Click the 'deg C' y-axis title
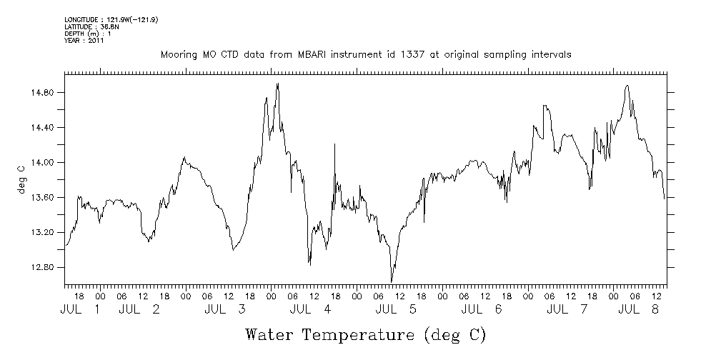coord(21,179)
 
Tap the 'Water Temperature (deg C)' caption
coord(365,334)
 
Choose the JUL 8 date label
coord(638,309)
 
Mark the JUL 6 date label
coord(482,309)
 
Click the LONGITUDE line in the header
coord(111,19)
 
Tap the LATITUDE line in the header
coord(86,26)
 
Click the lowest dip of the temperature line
coord(392,282)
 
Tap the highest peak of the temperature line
coord(277,84)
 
